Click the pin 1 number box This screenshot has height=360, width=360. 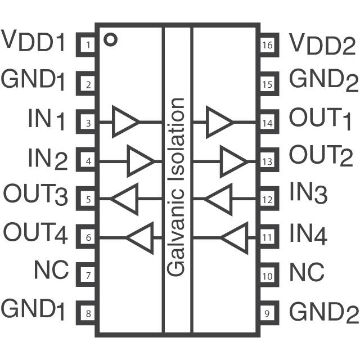click(x=88, y=44)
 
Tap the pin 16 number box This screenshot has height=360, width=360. click(x=268, y=44)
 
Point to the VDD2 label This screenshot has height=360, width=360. click(x=323, y=43)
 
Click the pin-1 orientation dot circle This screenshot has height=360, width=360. click(x=111, y=39)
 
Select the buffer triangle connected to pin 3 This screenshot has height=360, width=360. click(x=125, y=121)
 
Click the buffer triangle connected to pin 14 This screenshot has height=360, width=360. click(x=219, y=121)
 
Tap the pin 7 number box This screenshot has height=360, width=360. click(x=88, y=276)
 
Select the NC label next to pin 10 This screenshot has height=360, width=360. click(x=307, y=272)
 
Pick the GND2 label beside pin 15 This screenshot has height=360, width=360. click(x=323, y=80)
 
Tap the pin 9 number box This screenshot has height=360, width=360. click(x=268, y=312)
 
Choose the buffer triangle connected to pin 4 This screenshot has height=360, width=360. click(x=139, y=160)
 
